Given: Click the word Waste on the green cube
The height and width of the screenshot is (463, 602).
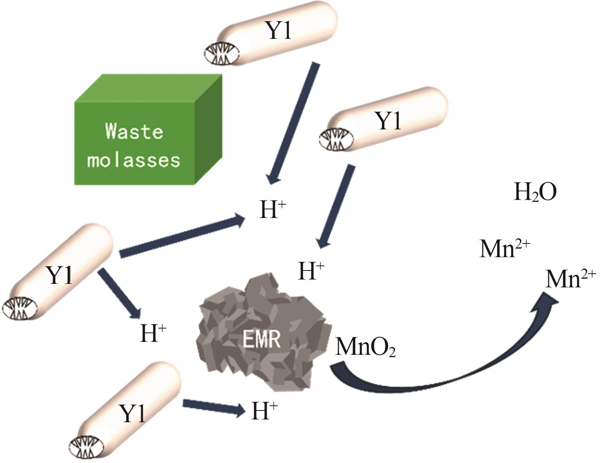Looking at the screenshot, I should point(134,131).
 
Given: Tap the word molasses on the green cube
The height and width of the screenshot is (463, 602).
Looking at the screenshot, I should point(134,160).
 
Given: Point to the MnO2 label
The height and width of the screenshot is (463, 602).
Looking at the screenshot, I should point(365,347).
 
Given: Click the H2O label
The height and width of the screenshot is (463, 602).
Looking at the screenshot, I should point(535,193).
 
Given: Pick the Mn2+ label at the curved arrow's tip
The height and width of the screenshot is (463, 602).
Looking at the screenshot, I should point(571,279).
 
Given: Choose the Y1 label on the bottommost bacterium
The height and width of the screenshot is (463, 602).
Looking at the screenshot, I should point(133,414).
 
